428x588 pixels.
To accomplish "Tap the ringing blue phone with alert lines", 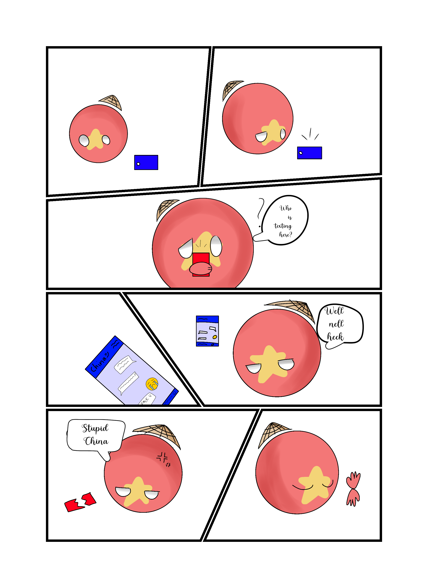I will coord(309,153).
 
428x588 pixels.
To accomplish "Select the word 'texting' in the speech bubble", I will coord(283,226).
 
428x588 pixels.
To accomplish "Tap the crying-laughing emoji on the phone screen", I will coord(152,384).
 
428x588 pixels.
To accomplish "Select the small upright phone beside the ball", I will coord(207,331).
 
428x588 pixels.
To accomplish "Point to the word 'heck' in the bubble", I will coord(335,337).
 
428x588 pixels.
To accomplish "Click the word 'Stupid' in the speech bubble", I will coord(95,428).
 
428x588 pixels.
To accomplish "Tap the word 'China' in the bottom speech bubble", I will coord(96,441).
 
